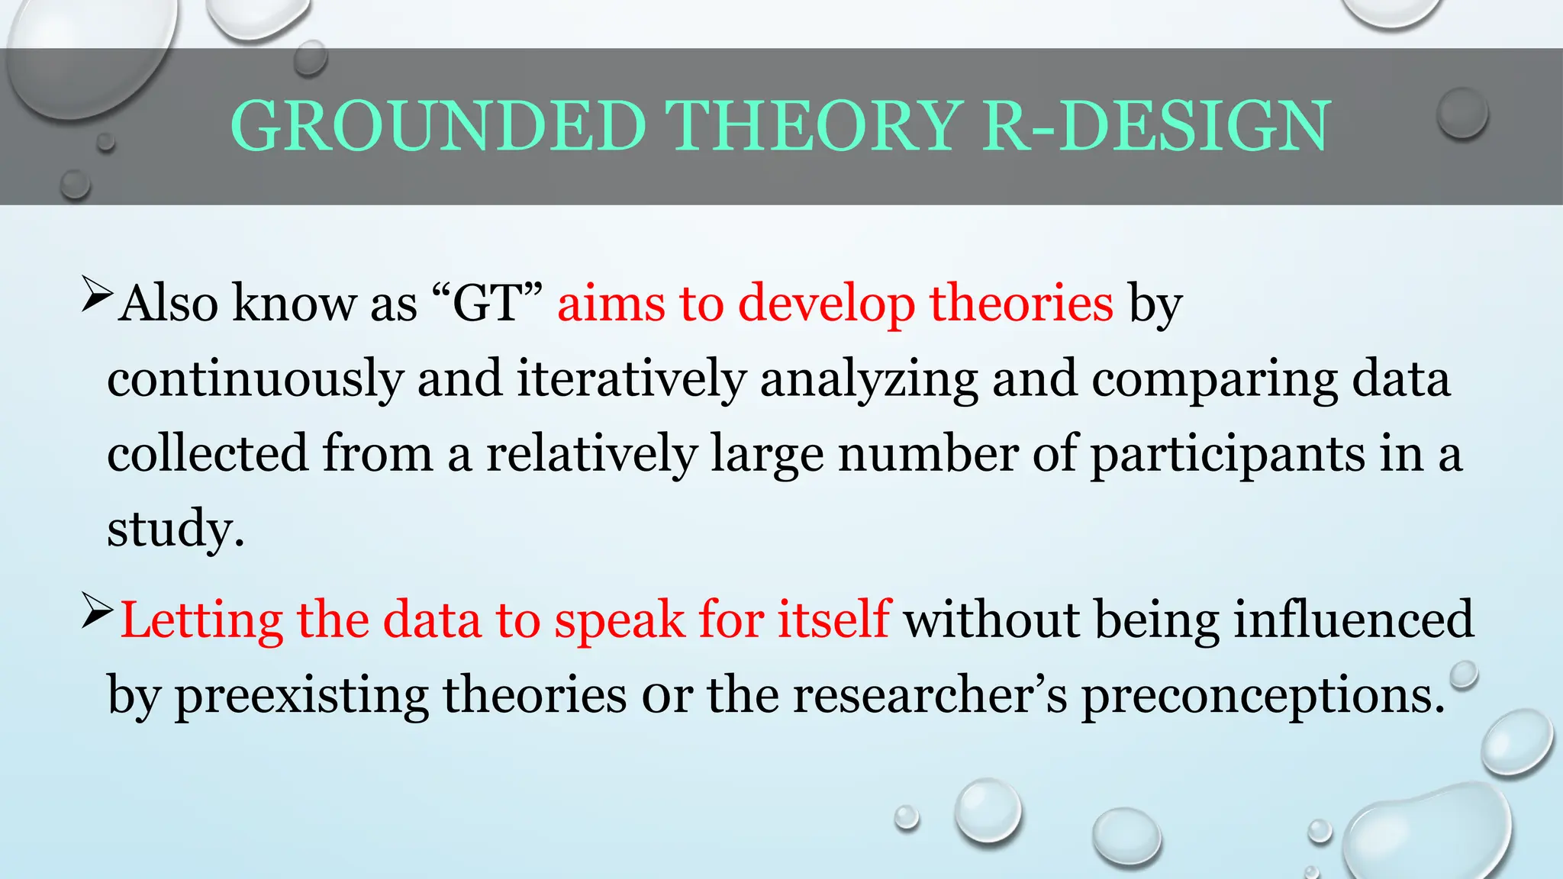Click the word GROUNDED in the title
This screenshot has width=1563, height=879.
click(439, 127)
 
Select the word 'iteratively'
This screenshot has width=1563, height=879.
click(630, 379)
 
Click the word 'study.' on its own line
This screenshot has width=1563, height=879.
click(176, 529)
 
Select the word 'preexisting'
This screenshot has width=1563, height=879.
click(301, 696)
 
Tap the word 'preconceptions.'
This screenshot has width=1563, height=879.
click(1263, 696)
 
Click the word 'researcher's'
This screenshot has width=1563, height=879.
click(930, 694)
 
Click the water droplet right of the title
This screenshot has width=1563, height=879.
click(1461, 113)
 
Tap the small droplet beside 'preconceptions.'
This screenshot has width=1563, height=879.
click(1464, 675)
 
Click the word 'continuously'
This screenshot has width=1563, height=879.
click(254, 379)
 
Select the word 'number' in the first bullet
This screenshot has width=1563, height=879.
click(928, 453)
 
